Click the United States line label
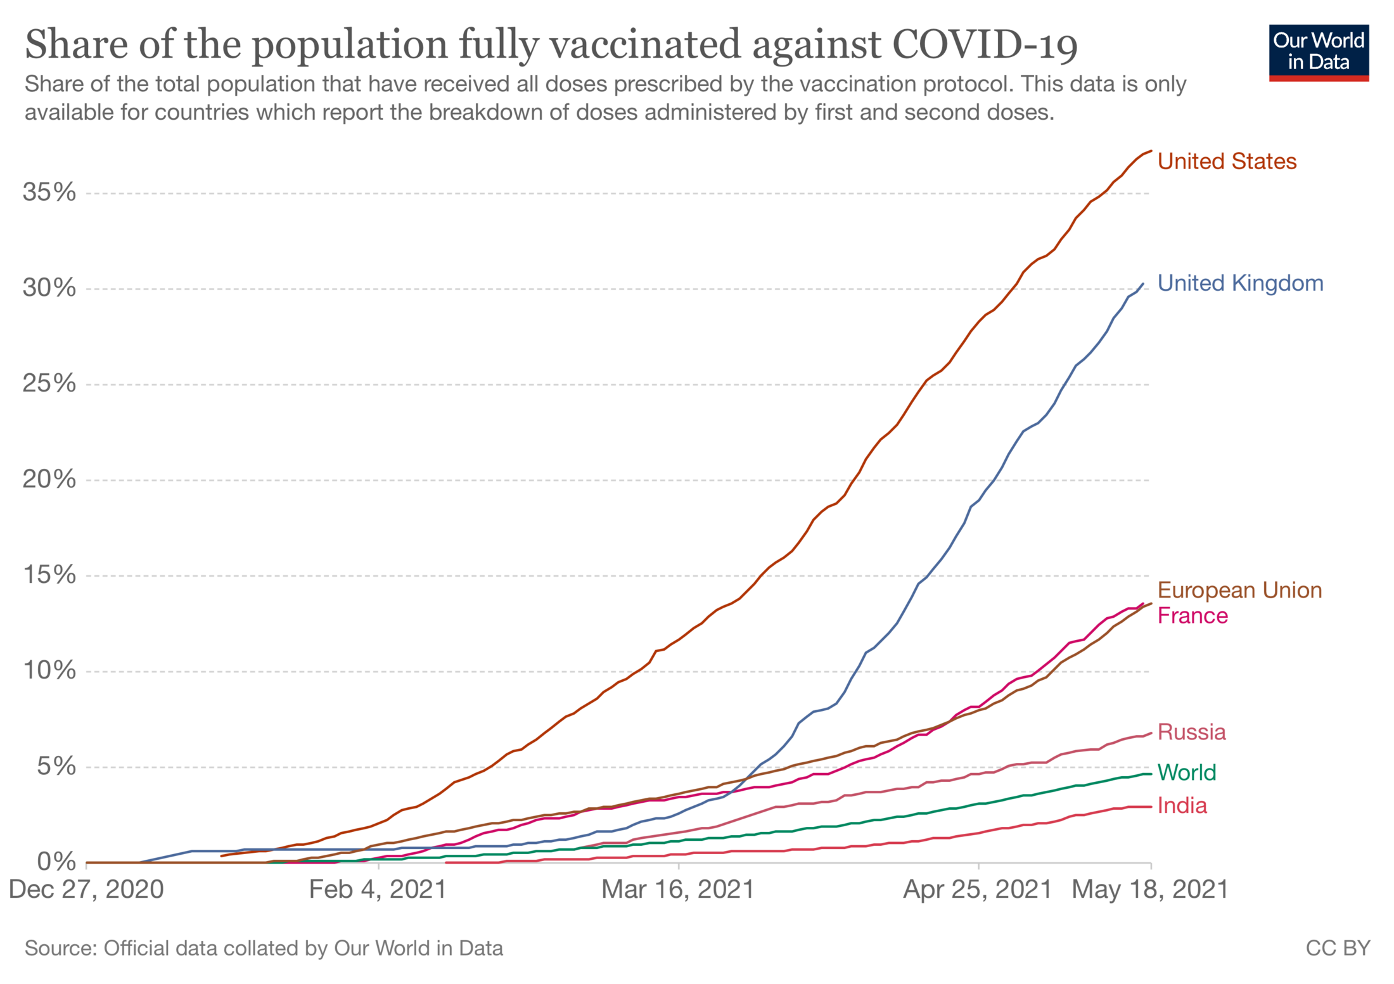1227,162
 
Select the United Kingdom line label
1240,283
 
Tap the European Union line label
1239,590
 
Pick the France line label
1193,616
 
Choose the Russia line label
1191,732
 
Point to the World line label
1187,772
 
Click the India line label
1182,805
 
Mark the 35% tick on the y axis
49,192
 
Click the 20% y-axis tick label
49,479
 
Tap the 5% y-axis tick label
56,766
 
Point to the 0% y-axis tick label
56,862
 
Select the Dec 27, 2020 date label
86,889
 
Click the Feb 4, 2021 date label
378,889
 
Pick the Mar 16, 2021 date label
678,889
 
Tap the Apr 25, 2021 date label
977,889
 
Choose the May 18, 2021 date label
1150,889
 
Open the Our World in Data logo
1319,53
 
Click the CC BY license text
1338,948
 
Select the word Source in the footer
60,948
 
